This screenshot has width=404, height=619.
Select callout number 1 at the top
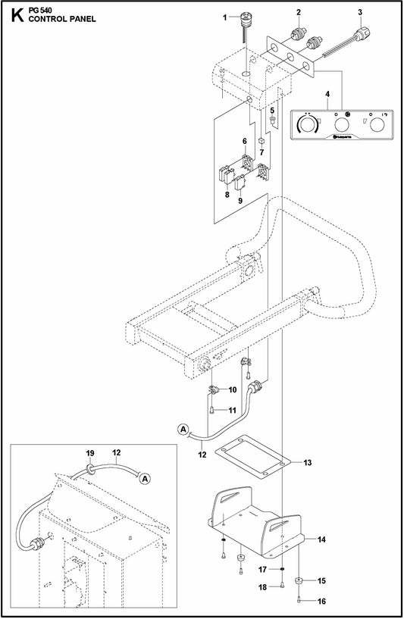(x=225, y=16)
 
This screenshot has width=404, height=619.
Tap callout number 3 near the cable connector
(x=360, y=12)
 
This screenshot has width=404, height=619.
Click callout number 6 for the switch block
(x=245, y=142)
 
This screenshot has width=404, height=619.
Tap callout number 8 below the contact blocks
(x=227, y=195)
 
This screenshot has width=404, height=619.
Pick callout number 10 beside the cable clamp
(x=233, y=389)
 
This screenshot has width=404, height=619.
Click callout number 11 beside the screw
(x=233, y=410)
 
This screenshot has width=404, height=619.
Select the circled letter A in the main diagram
(x=183, y=428)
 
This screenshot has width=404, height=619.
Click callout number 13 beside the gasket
(x=307, y=462)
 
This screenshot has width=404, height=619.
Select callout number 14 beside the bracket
(x=321, y=540)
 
